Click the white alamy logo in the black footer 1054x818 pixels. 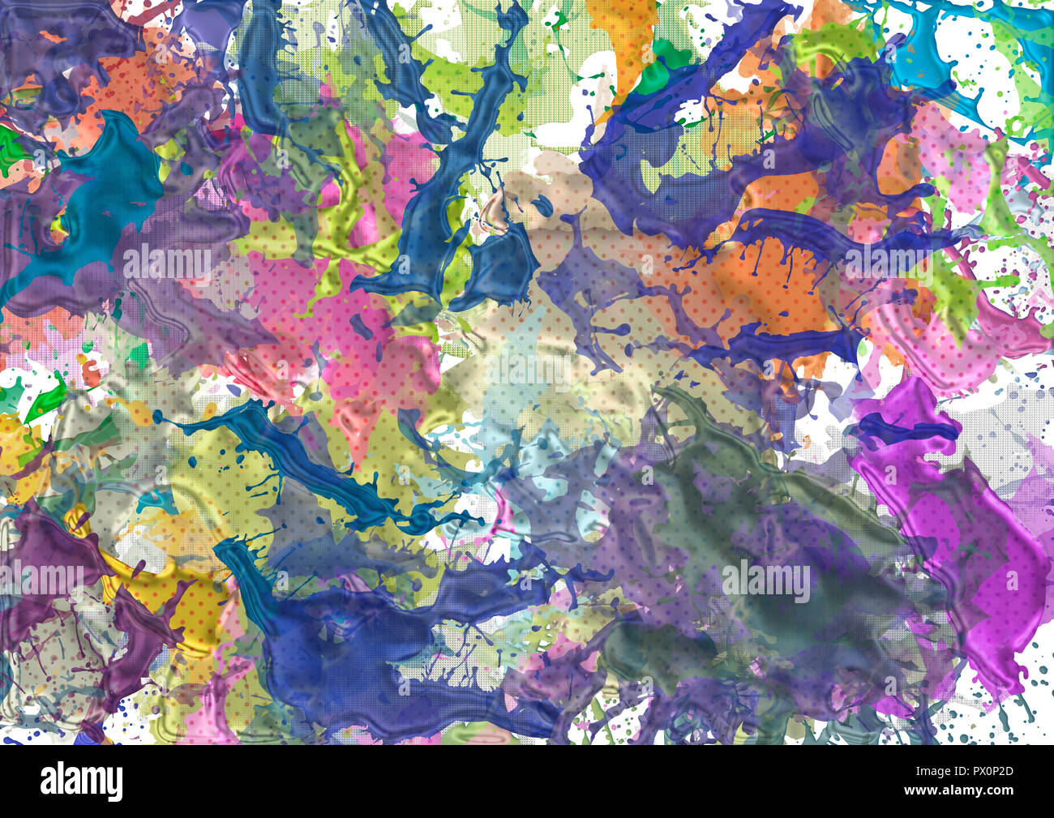(x=81, y=782)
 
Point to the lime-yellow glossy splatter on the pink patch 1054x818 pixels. (x=357, y=243)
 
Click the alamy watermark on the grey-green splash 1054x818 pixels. (x=766, y=581)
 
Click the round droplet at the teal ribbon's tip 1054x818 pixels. (x=159, y=418)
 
